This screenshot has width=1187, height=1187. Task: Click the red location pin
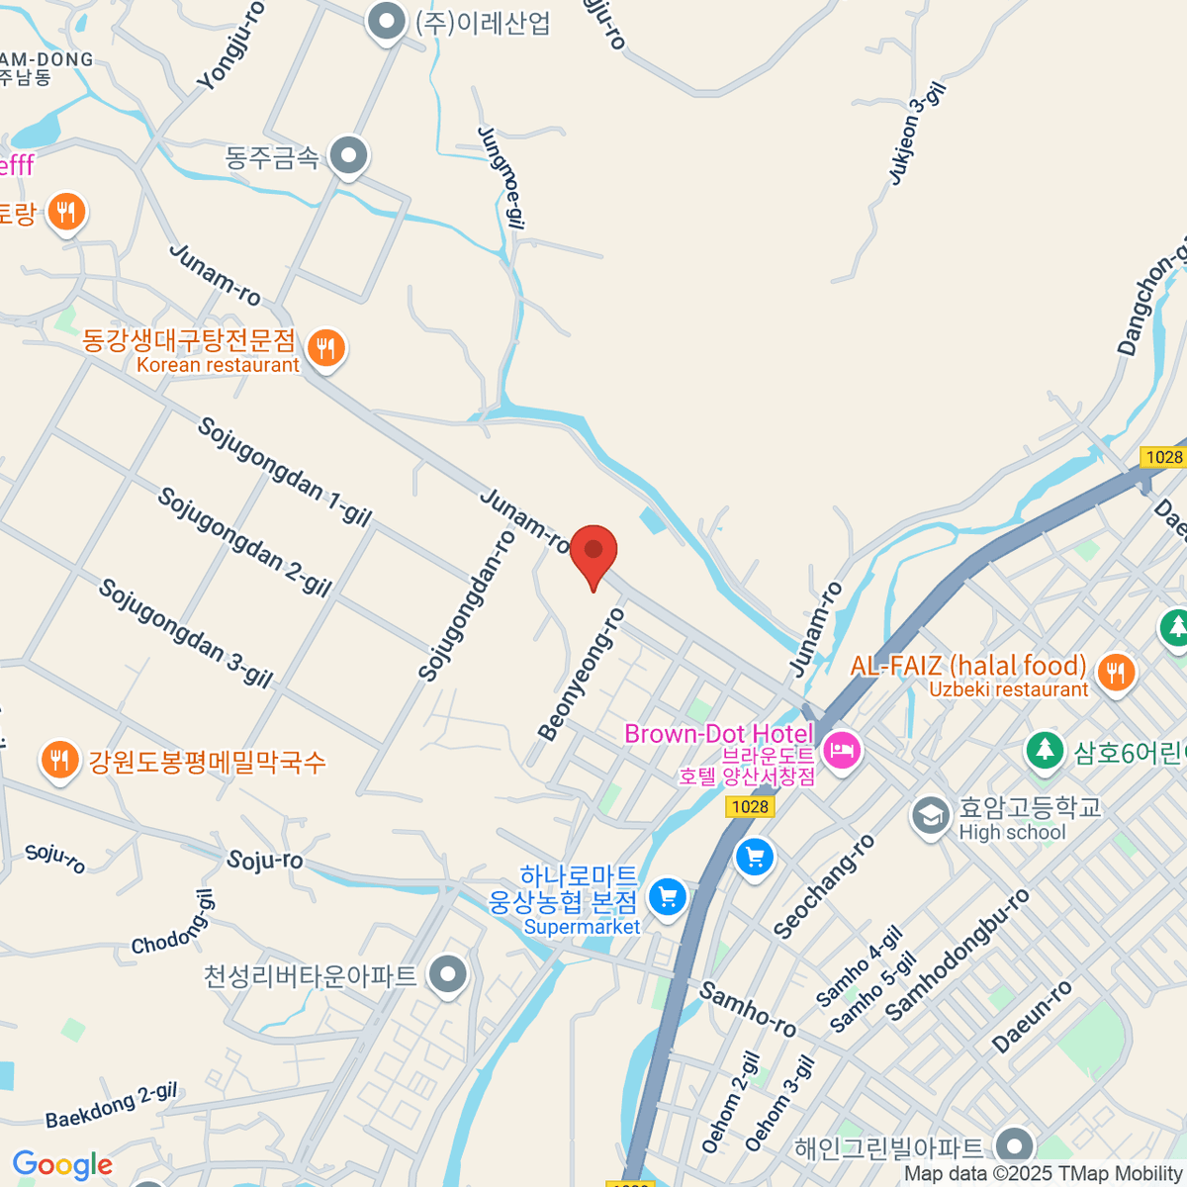pos(593,550)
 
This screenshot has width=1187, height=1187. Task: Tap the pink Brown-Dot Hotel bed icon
pos(842,751)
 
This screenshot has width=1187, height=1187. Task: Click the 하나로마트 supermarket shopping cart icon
pos(668,897)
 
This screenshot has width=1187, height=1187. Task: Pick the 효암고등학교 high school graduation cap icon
pos(930,816)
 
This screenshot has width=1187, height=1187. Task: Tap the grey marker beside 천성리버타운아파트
pos(449,974)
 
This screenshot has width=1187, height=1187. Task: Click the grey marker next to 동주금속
pos(348,155)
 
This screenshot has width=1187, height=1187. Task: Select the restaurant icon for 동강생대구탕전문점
pos(325,347)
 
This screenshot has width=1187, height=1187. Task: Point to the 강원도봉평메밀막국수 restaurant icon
pos(59,760)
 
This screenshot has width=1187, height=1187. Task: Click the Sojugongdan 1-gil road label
pos(285,472)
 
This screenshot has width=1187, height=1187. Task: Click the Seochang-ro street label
pos(824,886)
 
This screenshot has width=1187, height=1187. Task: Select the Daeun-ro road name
pos(1032,1016)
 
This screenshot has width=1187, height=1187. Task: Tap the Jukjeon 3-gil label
pos(917,134)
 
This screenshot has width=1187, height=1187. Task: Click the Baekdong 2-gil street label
pos(112,1106)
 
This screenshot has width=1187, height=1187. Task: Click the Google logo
pos(62,1165)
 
